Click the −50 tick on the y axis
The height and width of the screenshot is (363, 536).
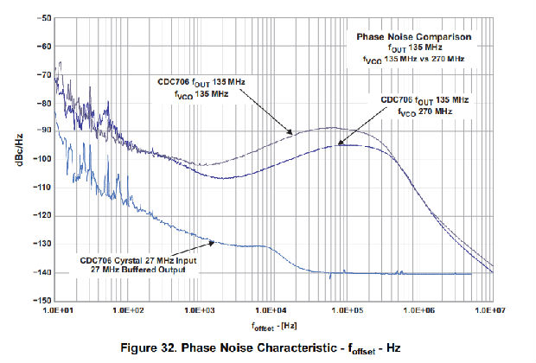[40, 17]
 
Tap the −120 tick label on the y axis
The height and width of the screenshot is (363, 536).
[38, 216]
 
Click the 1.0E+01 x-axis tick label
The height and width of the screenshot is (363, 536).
[56, 309]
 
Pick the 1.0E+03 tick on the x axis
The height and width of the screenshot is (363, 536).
[201, 309]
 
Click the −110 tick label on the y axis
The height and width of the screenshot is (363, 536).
[38, 188]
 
